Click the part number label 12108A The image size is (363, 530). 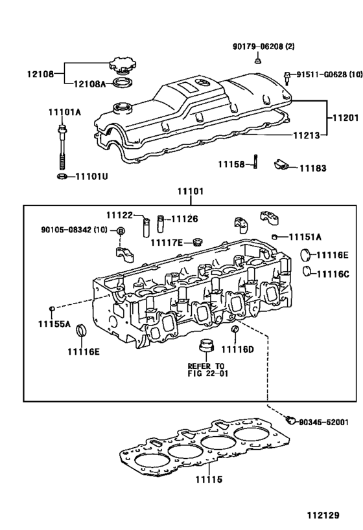click(90, 83)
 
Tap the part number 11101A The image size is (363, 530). click(64, 112)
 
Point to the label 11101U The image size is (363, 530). click(91, 176)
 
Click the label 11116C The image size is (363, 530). click(333, 274)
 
